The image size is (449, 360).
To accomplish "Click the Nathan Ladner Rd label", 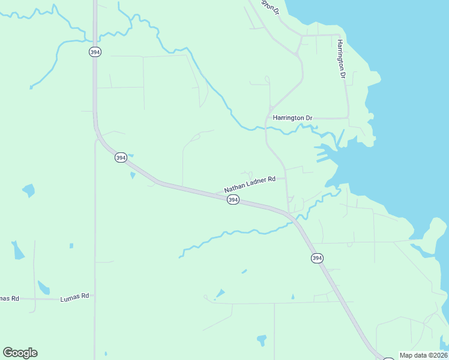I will point(249,184).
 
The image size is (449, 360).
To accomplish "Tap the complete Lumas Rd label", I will point(74,296).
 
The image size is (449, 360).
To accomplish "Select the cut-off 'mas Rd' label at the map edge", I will point(10,298).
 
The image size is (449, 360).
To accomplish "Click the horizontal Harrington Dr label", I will point(293,118).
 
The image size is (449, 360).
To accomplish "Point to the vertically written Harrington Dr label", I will point(341,59).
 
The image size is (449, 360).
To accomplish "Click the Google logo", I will point(20,353).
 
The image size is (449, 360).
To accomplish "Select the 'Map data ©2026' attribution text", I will point(423,355).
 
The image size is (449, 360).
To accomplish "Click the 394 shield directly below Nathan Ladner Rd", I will point(234,200).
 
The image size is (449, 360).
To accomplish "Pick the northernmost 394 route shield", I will point(95,52).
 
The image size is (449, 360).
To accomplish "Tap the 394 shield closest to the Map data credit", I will point(317,258).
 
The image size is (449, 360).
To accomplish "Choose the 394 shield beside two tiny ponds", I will point(121,158).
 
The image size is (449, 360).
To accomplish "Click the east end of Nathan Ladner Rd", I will point(286,178).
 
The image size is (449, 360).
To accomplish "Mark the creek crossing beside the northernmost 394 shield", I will point(95,40).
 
